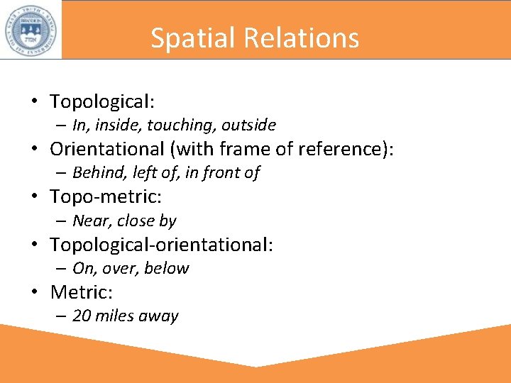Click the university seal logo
(31, 29)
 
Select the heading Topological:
(101, 101)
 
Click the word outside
(248, 126)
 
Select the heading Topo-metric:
(106, 196)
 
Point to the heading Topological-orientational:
(161, 245)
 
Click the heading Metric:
(82, 292)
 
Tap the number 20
(82, 316)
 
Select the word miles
(114, 316)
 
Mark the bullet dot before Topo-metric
(33, 196)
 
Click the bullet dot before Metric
(33, 292)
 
